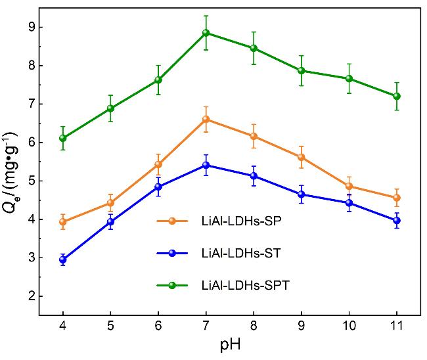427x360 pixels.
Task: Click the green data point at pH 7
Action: (206, 33)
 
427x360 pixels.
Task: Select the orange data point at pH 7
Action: (206, 120)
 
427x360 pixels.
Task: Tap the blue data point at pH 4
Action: (62, 259)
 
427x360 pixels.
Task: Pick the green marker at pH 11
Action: (397, 96)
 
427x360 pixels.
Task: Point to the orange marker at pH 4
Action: (62, 222)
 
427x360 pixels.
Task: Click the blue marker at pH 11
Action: (397, 221)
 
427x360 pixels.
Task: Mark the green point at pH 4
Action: (62, 138)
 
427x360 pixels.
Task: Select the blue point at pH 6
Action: (158, 187)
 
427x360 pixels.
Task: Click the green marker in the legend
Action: (172, 285)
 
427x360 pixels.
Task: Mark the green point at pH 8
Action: (254, 48)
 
